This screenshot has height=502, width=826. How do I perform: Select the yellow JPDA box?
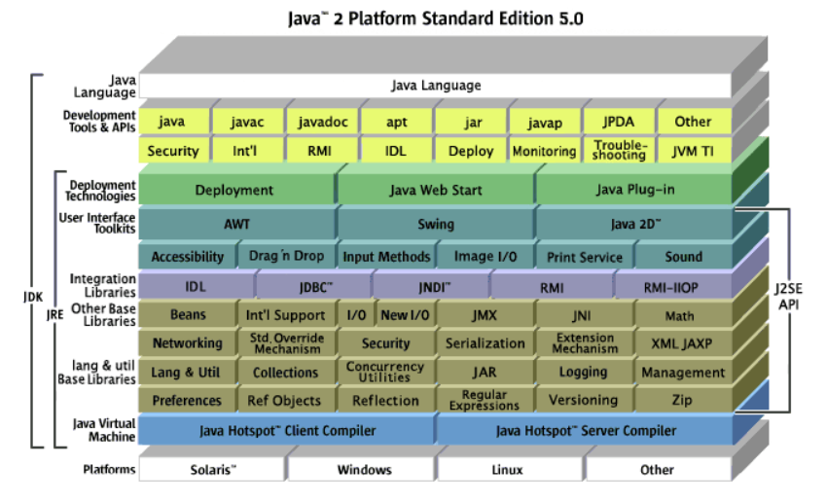tap(619, 122)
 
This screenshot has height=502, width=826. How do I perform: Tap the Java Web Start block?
tap(436, 190)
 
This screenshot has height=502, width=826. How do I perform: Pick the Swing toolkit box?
tap(436, 224)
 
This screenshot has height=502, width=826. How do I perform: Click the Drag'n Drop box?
tap(286, 257)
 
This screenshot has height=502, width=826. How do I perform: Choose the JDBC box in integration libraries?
tap(316, 286)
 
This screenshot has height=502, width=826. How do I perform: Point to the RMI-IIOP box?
tap(671, 286)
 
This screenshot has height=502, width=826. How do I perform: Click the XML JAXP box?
tap(680, 343)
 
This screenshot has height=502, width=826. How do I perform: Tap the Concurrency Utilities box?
tap(385, 372)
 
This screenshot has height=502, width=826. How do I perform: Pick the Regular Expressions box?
tap(485, 400)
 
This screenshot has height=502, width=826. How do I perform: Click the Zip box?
tap(681, 400)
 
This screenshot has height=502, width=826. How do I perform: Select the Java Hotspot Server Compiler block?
tap(586, 430)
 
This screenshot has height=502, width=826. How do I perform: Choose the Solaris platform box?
tap(212, 470)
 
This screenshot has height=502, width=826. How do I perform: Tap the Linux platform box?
tap(509, 470)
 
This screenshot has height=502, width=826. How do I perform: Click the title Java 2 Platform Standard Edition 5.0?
tap(436, 18)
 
